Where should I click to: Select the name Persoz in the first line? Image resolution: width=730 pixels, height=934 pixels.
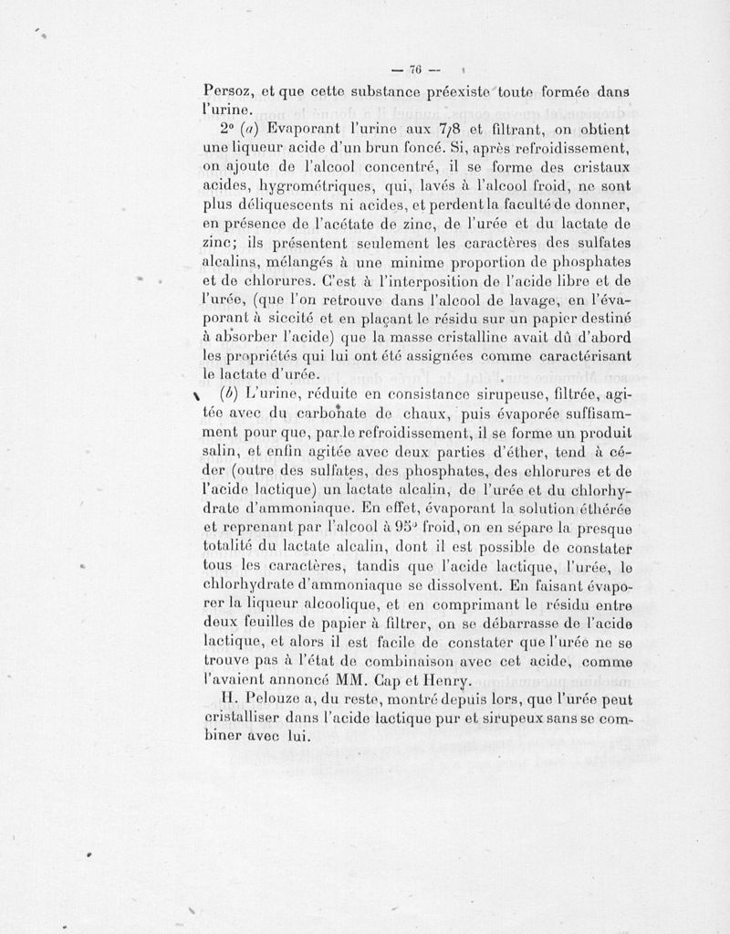tap(228, 92)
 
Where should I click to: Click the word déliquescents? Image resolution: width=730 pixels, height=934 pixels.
tap(280, 206)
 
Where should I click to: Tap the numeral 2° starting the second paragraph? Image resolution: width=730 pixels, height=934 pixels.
tap(214, 129)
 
